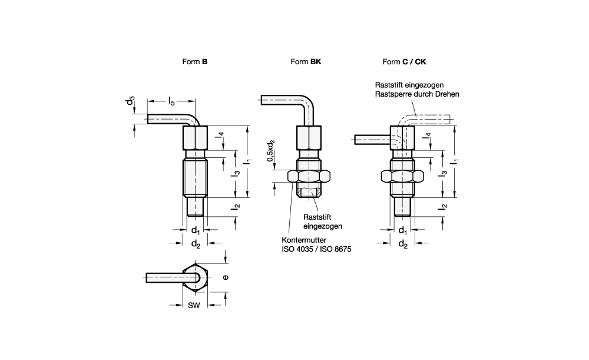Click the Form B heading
coord(194,62)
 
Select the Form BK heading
coord(306,62)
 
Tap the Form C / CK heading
coord(404,62)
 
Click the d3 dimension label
coord(130,101)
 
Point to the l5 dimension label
coord(171,101)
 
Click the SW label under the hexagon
coord(194,306)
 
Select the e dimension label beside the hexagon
coord(226,278)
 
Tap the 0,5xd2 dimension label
coord(271,151)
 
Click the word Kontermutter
coord(304,240)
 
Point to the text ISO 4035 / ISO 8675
coord(316,249)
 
